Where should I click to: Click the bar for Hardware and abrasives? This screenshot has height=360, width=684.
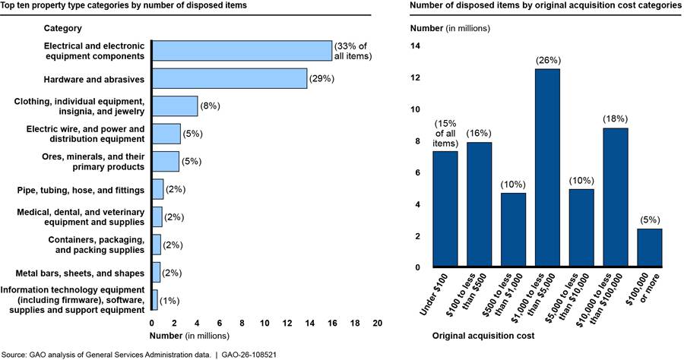[x=230, y=78]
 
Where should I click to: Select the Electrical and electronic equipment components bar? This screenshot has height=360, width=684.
[x=242, y=51]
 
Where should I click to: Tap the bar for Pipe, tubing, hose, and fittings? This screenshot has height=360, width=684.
[x=157, y=189]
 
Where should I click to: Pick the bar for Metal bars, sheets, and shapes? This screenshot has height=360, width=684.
[x=156, y=273]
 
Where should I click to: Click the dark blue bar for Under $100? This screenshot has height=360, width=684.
[x=445, y=209]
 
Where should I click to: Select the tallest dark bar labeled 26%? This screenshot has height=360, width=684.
[x=547, y=169]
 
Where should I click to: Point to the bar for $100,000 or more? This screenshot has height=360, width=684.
[x=650, y=248]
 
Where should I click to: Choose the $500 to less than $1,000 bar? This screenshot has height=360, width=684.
[x=514, y=230]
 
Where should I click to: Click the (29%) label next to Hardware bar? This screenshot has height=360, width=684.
[x=321, y=79]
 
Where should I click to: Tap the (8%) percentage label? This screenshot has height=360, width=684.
[x=210, y=106]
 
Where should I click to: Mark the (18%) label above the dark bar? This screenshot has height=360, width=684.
[x=615, y=119]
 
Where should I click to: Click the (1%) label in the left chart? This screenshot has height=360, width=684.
[x=169, y=301]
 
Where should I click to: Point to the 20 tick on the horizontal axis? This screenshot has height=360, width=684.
[x=377, y=323]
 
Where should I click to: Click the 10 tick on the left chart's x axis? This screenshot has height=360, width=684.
[x=264, y=323]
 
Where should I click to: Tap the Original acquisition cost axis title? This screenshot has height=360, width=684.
[x=483, y=336]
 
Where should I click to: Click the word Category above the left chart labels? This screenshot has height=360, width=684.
[x=62, y=28]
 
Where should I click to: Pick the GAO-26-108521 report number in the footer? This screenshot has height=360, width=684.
[x=249, y=355]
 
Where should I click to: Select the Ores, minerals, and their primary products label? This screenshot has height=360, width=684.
[x=93, y=162]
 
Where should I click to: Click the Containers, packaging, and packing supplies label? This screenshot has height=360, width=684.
[x=96, y=245]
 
